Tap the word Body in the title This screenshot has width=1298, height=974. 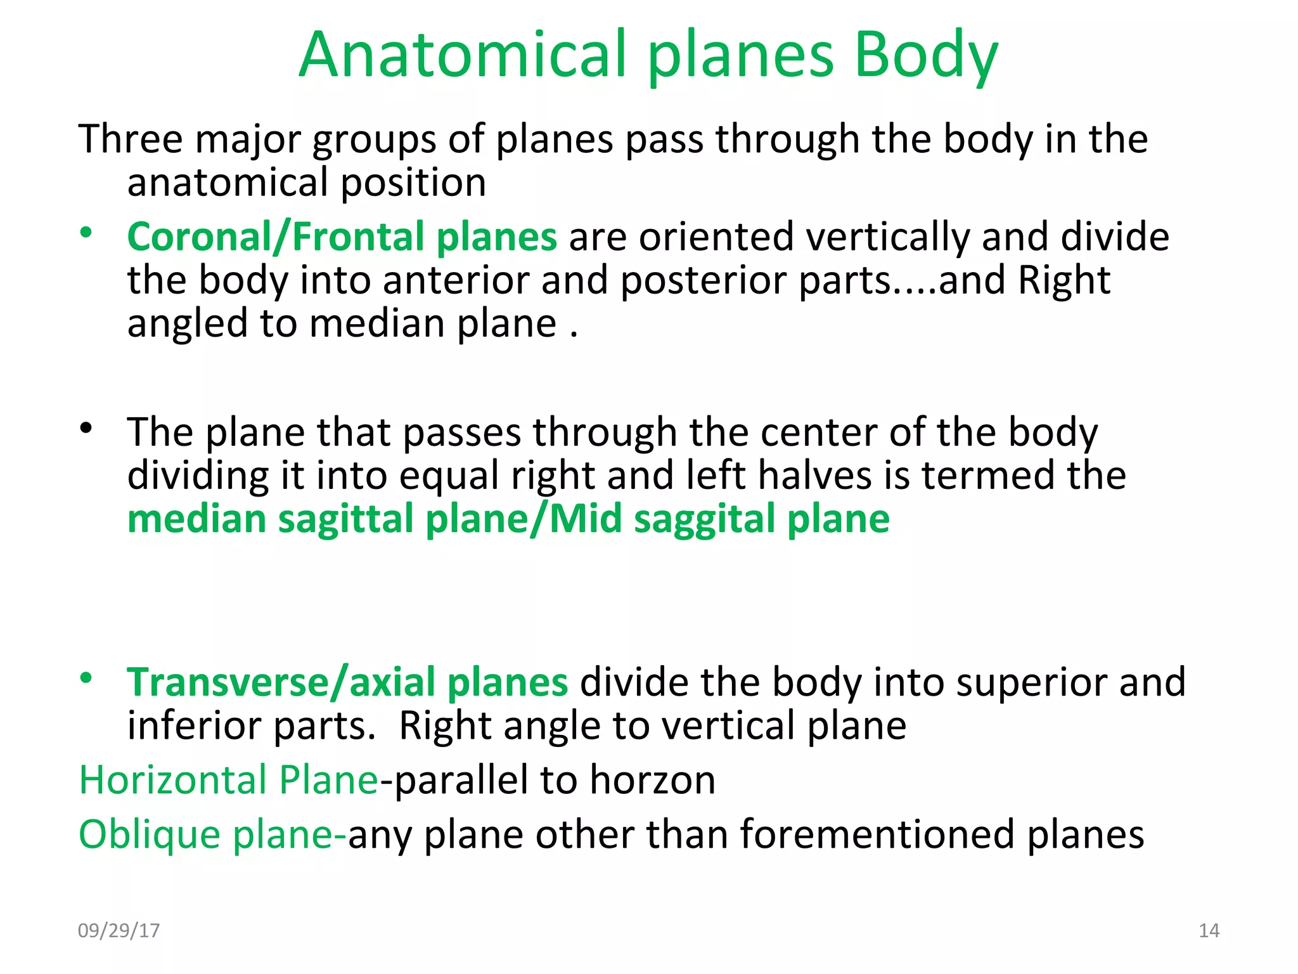point(926,57)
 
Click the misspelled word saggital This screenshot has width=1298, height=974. point(704,520)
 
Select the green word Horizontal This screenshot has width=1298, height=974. point(172,780)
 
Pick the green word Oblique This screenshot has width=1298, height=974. point(150,834)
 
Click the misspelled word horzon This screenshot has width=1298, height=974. point(652,780)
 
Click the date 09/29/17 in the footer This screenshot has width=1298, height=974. point(119,930)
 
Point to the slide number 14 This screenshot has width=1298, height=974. point(1209,930)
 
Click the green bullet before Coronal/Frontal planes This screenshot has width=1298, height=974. point(86,233)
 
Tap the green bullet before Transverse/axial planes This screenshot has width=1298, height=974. point(86,679)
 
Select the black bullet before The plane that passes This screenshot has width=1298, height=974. point(86,429)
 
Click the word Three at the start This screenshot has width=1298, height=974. point(130,139)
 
